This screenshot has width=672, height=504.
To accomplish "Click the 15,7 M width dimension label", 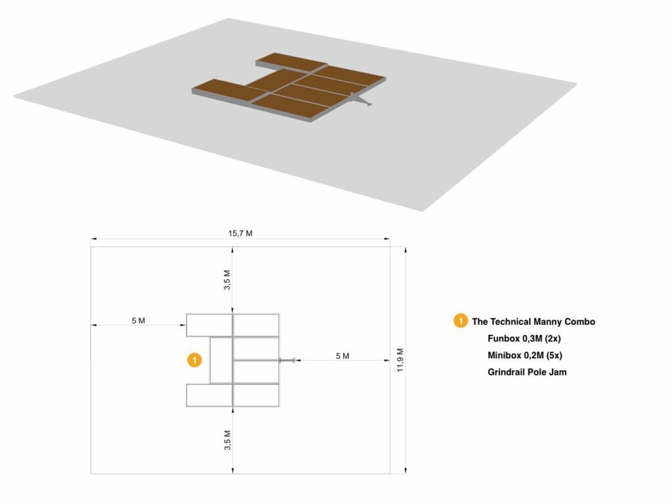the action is pyautogui.click(x=240, y=234).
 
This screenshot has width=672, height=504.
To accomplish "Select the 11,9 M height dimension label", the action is pyautogui.click(x=400, y=360).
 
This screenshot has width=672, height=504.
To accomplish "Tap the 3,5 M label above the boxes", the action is pyautogui.click(x=227, y=280).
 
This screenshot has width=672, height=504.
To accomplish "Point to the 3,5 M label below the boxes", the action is pyautogui.click(x=227, y=440).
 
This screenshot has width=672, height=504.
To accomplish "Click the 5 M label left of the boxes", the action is pyautogui.click(x=138, y=320).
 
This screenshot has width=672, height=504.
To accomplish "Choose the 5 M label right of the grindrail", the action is pyautogui.click(x=343, y=356).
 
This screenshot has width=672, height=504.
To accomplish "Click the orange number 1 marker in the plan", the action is pyautogui.click(x=194, y=360).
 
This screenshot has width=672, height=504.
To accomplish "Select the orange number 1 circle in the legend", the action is pyautogui.click(x=461, y=321).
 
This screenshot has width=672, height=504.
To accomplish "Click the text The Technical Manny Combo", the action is pyautogui.click(x=534, y=322).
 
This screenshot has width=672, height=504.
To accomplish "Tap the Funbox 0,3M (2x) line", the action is pyautogui.click(x=524, y=339).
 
